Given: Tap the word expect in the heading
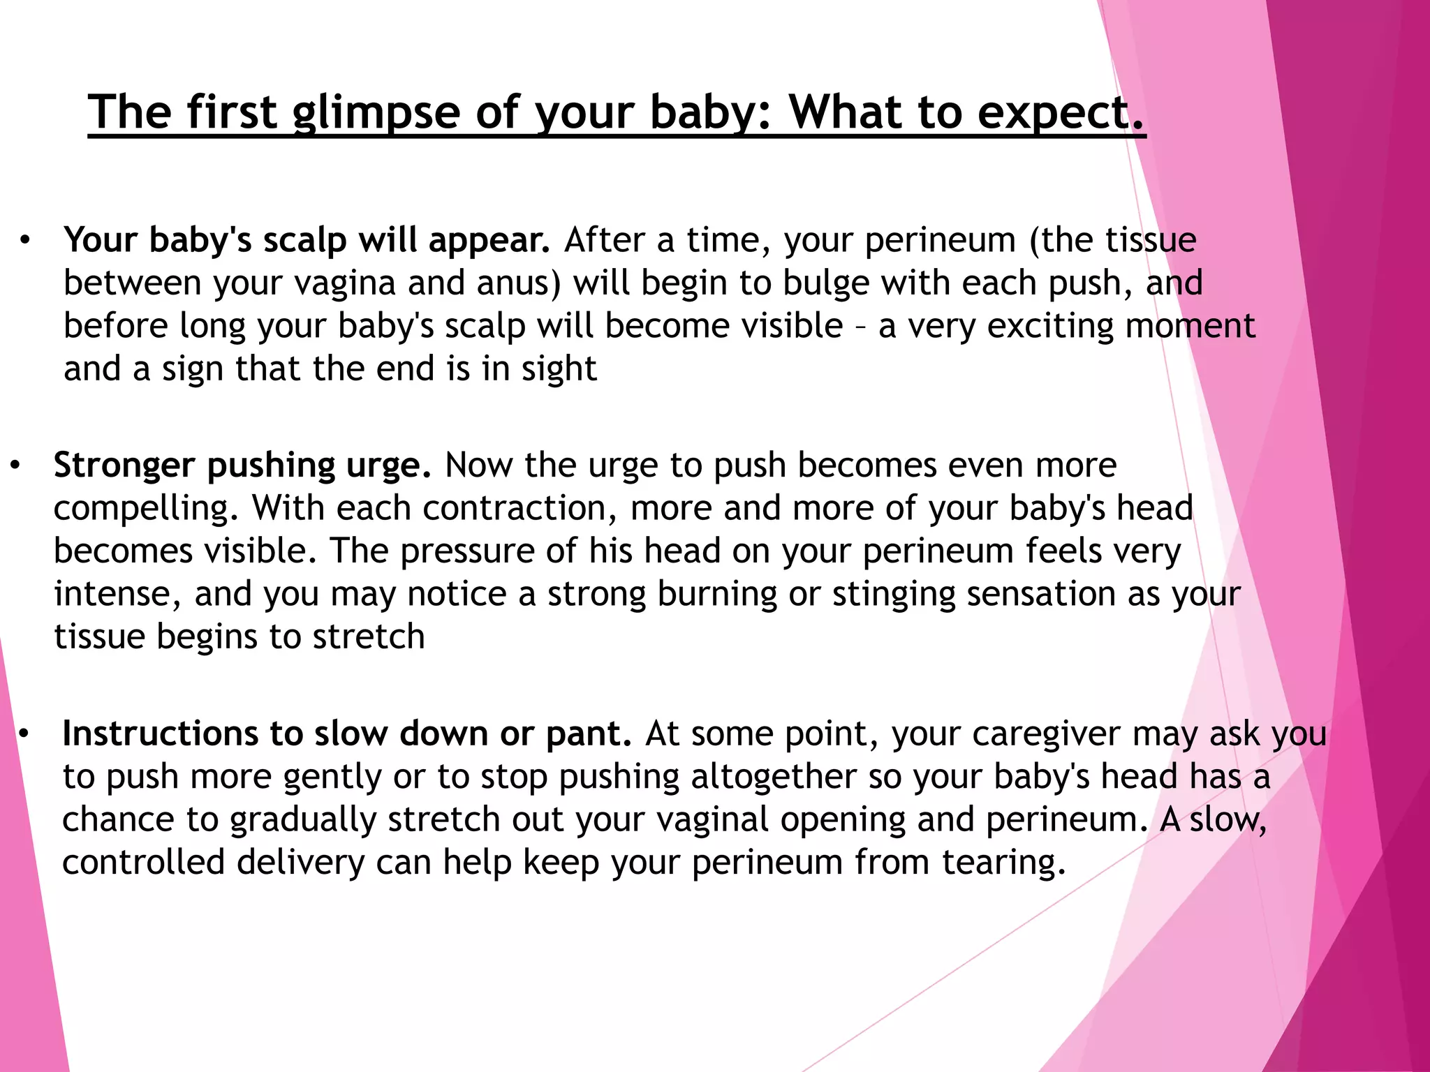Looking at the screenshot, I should [x=1054, y=113].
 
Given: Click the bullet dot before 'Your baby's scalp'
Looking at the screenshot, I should [x=26, y=241].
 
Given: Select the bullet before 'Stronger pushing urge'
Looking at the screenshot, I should [x=16, y=465].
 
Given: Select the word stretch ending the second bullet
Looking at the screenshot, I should [x=368, y=636].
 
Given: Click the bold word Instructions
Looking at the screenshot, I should [x=160, y=734].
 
